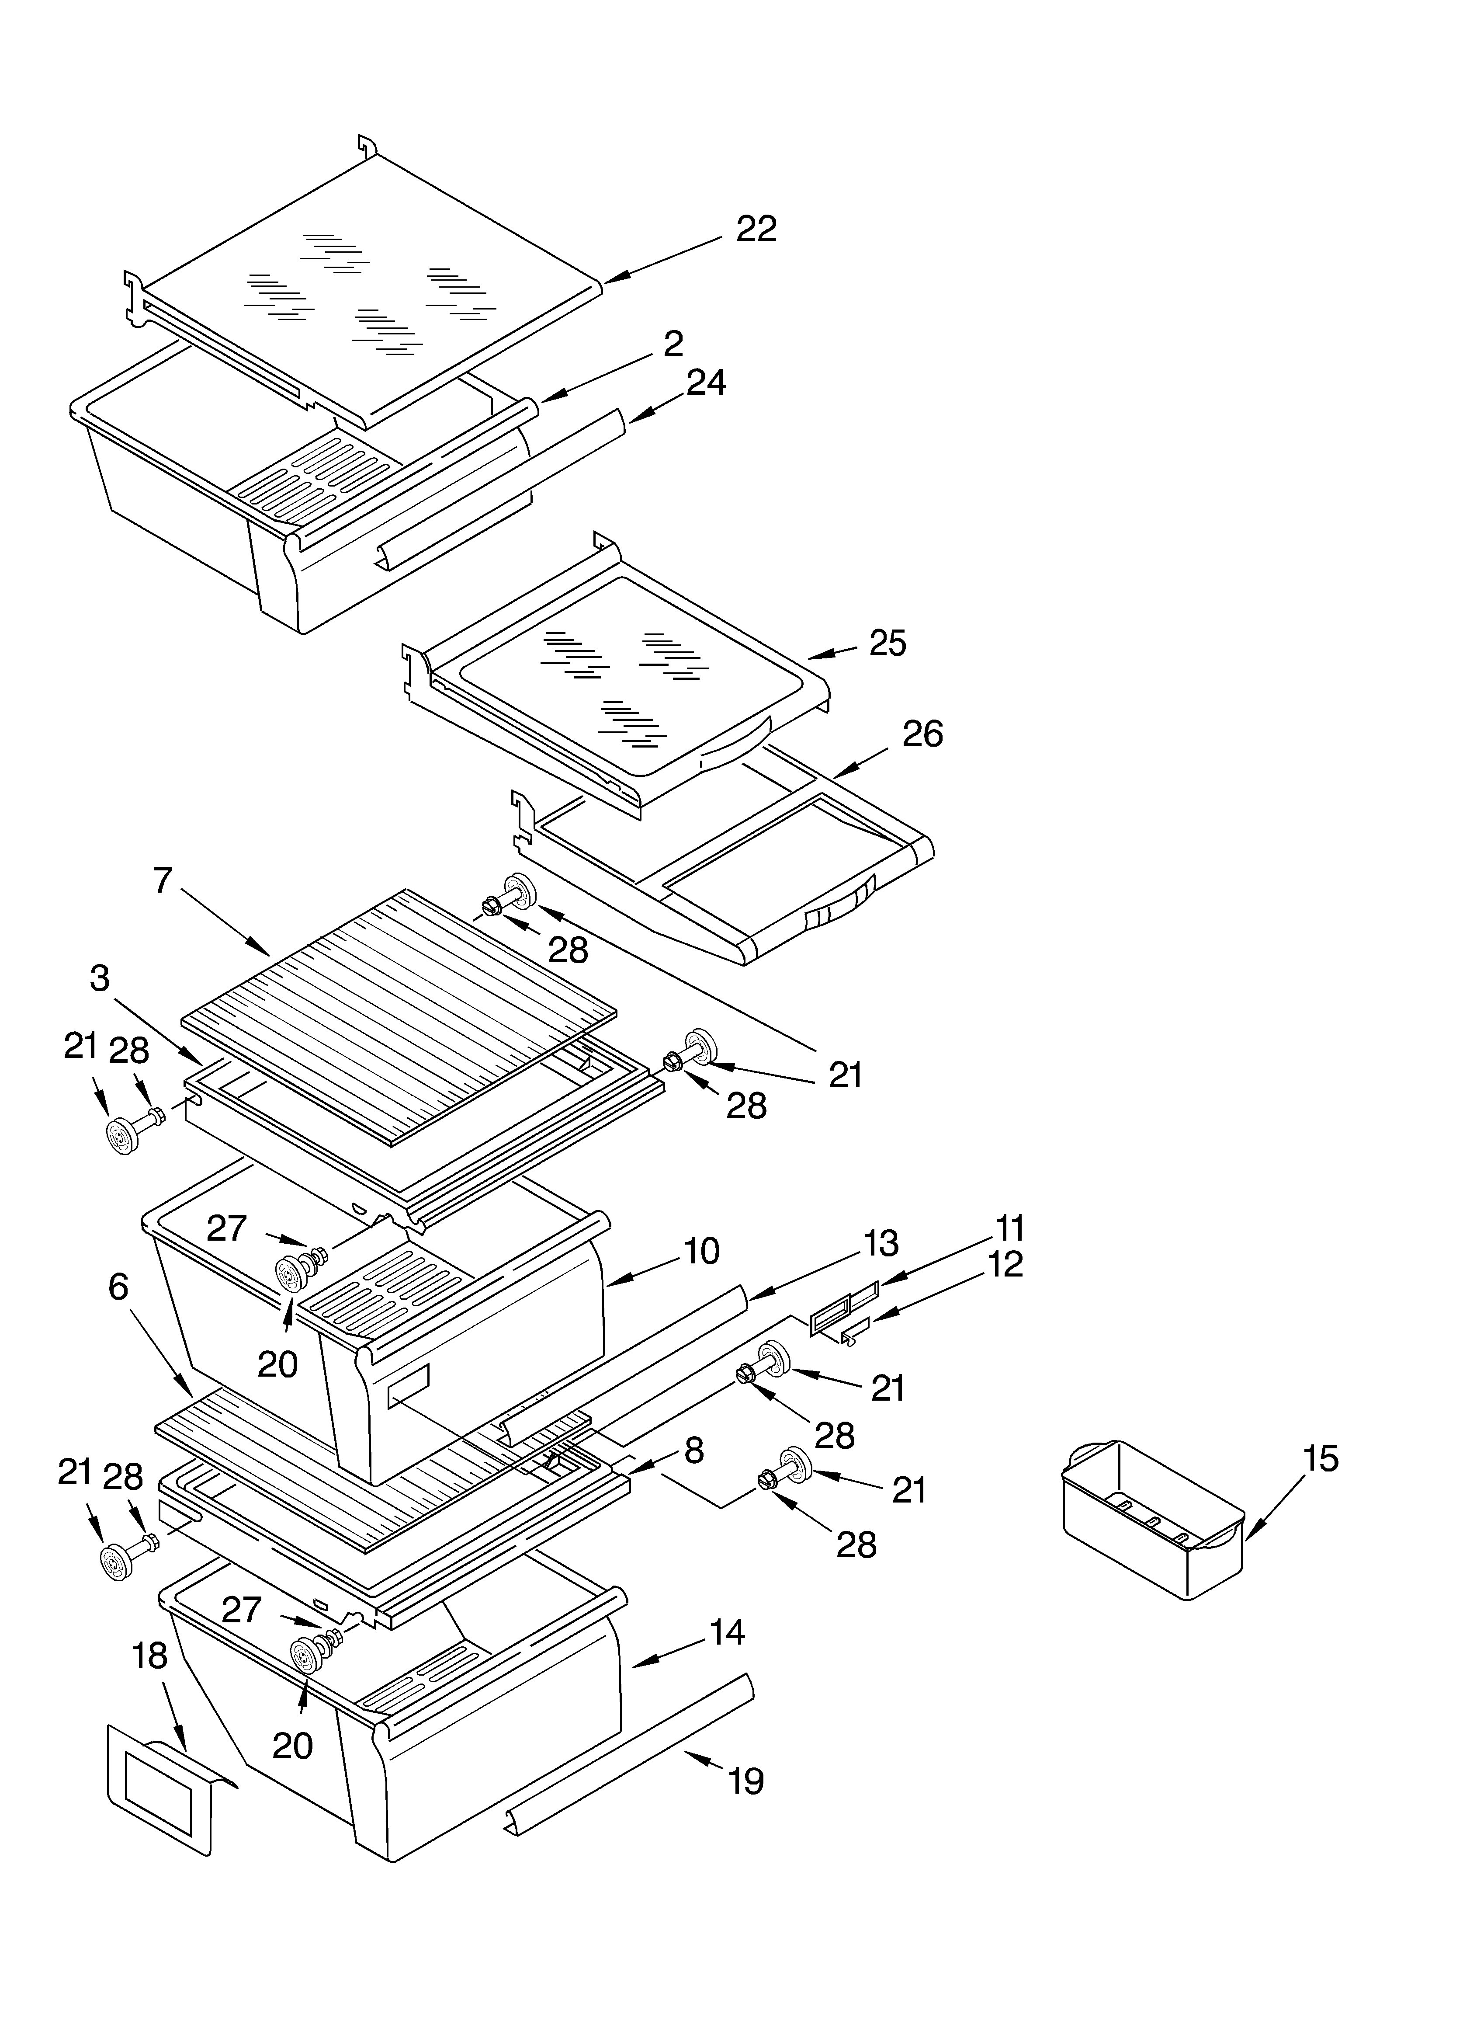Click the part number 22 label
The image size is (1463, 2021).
[x=756, y=229]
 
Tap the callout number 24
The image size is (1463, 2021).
[x=706, y=383]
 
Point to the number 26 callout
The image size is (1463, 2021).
[x=922, y=734]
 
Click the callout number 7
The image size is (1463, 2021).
[x=162, y=880]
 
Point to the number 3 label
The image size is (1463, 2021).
[x=100, y=978]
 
